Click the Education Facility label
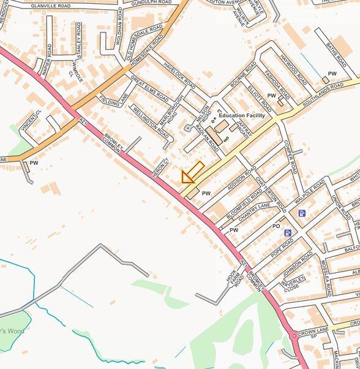click(242, 115)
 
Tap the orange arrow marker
click(192, 173)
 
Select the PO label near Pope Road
click(276, 226)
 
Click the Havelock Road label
click(181, 77)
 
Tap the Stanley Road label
click(78, 38)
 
